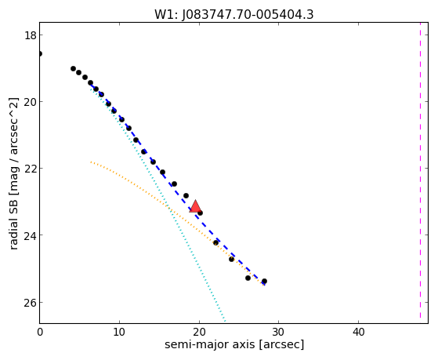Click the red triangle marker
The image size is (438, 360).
click(x=195, y=207)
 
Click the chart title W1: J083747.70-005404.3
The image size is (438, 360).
click(x=233, y=15)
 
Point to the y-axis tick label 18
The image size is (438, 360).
click(x=30, y=35)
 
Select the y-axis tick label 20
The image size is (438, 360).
click(x=30, y=102)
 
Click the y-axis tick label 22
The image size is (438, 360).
click(x=30, y=169)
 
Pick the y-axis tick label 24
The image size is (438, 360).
click(x=30, y=235)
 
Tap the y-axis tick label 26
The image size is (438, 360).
click(x=30, y=303)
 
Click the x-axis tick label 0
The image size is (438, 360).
click(x=40, y=332)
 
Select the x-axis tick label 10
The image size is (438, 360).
click(x=120, y=332)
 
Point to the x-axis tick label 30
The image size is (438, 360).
click(x=278, y=332)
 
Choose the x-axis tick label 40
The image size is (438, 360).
click(x=358, y=332)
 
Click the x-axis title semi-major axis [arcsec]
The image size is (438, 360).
click(x=234, y=344)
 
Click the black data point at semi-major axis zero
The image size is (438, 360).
click(x=40, y=53)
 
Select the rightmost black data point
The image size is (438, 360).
click(x=264, y=281)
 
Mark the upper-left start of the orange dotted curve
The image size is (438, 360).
click(x=91, y=162)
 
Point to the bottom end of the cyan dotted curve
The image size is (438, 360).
click(x=225, y=321)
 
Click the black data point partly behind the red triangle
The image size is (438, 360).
click(x=200, y=213)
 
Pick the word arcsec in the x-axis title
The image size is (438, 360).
click(x=281, y=345)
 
